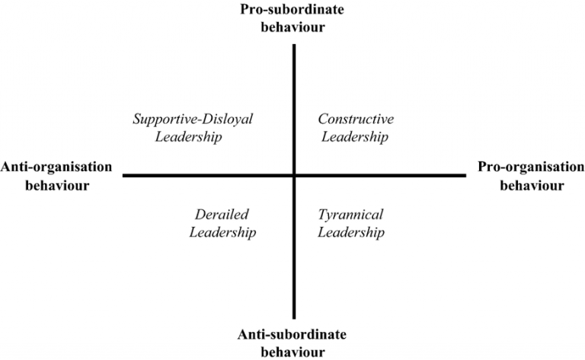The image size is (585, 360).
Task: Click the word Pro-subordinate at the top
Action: pos(292,9)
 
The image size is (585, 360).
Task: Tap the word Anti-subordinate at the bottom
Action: pos(292,334)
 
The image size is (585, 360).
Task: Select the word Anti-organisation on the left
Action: pos(56,167)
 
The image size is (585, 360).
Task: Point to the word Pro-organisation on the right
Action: pos(531,167)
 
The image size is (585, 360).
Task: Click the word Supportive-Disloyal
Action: pos(193,119)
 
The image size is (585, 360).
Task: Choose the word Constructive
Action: pos(356,119)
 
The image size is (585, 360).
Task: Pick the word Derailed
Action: pos(222,215)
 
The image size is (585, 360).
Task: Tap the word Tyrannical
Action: pos(350,215)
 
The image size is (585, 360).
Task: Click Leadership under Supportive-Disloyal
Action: pos(188,137)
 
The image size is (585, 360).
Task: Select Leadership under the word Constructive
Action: pos(355,137)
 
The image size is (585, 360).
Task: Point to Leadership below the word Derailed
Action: pos(222,233)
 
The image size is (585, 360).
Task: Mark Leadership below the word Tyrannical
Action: pos(351,233)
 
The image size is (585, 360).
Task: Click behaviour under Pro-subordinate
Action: pos(292,27)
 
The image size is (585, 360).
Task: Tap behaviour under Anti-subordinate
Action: pos(292,352)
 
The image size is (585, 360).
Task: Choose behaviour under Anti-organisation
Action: pos(57,185)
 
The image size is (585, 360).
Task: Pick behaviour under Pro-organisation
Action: pos(532,185)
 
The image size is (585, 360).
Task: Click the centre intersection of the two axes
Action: pos(294,175)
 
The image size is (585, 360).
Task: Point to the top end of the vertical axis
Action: pos(294,44)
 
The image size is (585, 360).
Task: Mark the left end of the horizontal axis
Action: pos(123,175)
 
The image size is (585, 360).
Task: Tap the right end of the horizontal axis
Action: pos(466,175)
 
